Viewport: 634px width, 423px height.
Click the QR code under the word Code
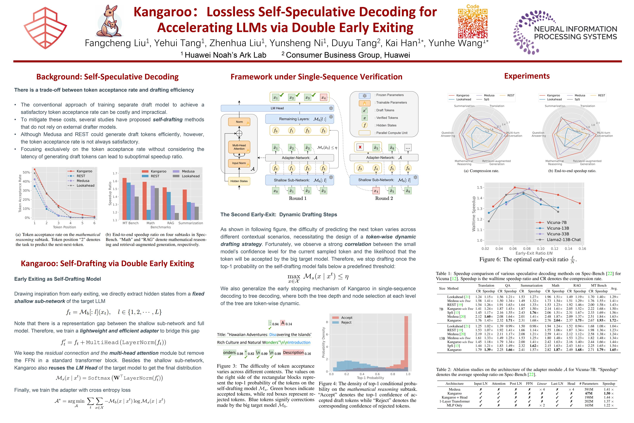point(473,23)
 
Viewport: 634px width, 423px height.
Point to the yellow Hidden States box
point(239,181)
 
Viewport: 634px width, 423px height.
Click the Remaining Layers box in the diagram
point(299,119)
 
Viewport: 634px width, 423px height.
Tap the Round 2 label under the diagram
point(384,198)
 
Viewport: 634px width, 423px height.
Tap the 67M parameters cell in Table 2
point(589,393)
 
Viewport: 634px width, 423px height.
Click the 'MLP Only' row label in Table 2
point(455,405)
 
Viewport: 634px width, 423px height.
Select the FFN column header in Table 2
point(529,384)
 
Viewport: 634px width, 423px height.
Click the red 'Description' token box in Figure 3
point(293,353)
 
